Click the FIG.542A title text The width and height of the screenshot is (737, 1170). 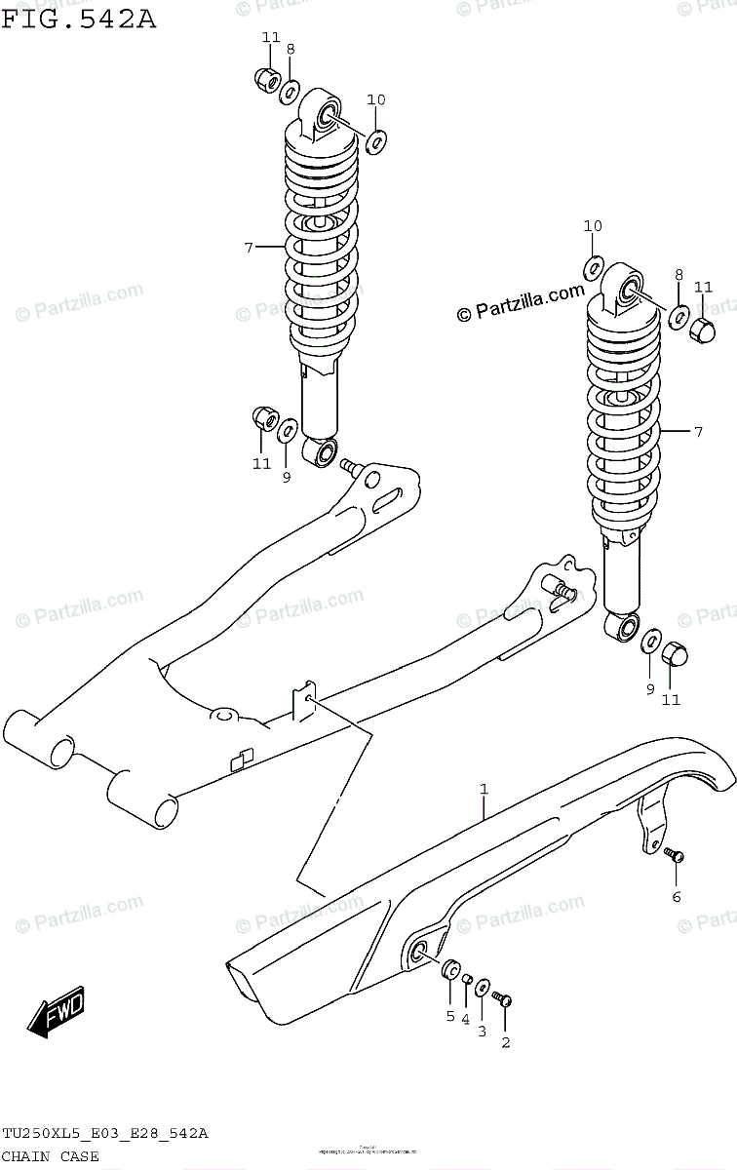pyautogui.click(x=78, y=17)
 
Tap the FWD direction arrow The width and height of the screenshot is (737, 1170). pyautogui.click(x=57, y=1013)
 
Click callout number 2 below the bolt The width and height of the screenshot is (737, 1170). pyautogui.click(x=505, y=1042)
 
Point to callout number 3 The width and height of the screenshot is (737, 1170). pyautogui.click(x=482, y=1032)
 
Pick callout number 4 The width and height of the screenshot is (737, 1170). pyautogui.click(x=466, y=1020)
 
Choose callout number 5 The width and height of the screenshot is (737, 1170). pyautogui.click(x=449, y=1016)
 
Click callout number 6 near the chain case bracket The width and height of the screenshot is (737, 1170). pyautogui.click(x=676, y=896)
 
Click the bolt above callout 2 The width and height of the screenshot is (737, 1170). pyautogui.click(x=503, y=998)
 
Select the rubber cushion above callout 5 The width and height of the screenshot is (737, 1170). pyautogui.click(x=451, y=971)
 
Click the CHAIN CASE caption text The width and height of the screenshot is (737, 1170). pyautogui.click(x=51, y=1156)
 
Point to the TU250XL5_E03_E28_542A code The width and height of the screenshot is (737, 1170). pyautogui.click(x=105, y=1133)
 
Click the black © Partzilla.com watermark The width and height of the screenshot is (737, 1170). pyautogui.click(x=521, y=302)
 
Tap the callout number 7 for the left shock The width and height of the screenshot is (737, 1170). pyautogui.click(x=249, y=248)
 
